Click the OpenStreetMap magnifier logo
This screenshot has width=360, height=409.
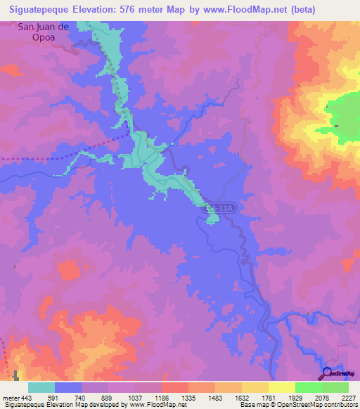coord(328,373)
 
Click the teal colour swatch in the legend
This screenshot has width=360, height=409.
coord(41,387)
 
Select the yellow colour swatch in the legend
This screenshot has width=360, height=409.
coord(281,387)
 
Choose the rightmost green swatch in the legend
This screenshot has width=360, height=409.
coord(335,387)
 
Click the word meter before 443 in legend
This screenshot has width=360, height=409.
coord(11,397)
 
